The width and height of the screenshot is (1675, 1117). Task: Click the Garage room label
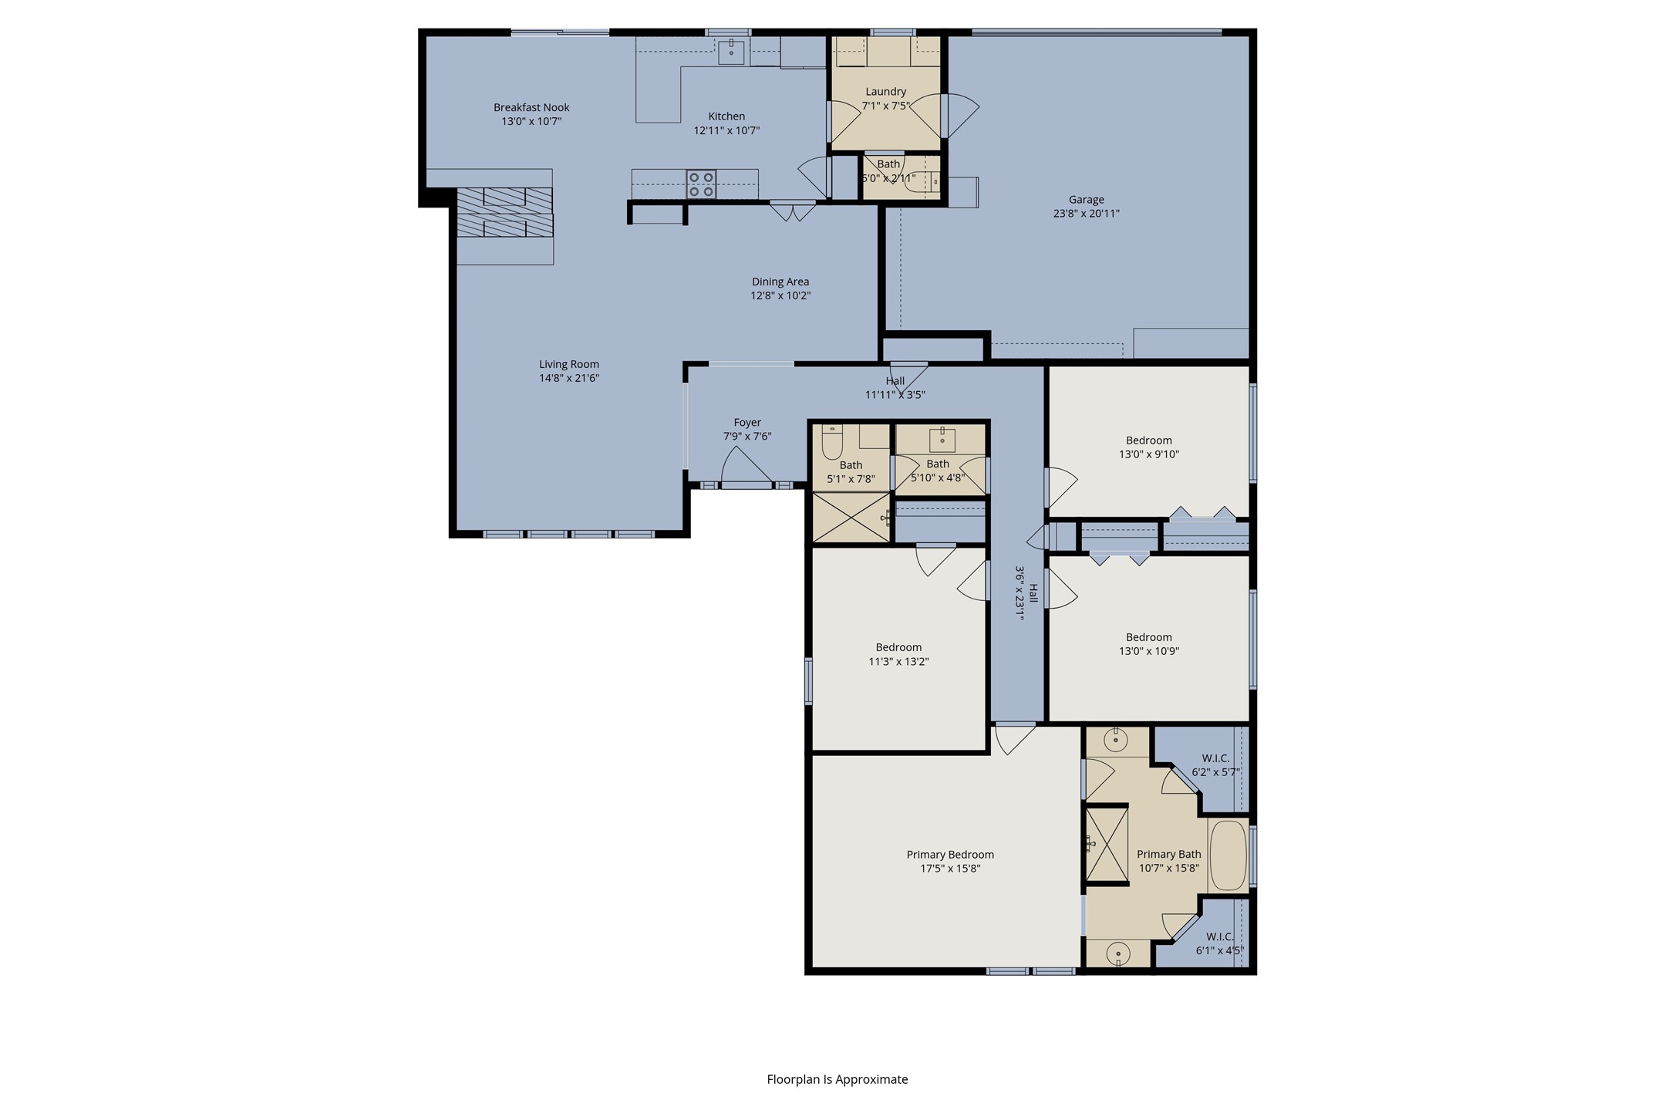coord(1086,200)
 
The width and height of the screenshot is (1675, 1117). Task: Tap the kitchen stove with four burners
coord(701,185)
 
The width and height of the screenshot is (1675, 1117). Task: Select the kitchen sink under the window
coord(731,52)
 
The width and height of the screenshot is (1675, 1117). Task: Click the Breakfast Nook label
coord(531,107)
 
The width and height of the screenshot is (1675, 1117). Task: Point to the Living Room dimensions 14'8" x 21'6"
coord(569,378)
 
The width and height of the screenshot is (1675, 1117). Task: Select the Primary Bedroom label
coord(950,854)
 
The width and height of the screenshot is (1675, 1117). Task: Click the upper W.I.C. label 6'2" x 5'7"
coord(1215,765)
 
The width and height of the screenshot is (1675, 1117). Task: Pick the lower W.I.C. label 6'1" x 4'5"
coord(1220,943)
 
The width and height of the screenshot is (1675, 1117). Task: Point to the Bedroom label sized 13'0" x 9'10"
coord(1149,447)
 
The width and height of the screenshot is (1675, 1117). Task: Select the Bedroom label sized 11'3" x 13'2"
coord(898,654)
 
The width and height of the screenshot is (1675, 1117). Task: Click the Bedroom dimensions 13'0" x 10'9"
coord(1149,651)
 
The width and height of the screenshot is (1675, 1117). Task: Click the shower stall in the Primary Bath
coord(1107,845)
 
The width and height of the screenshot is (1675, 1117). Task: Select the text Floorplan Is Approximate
coord(837,1079)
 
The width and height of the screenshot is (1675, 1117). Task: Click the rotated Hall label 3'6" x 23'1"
coord(1026,592)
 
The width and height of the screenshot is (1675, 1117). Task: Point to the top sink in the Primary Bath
coord(1116,740)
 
